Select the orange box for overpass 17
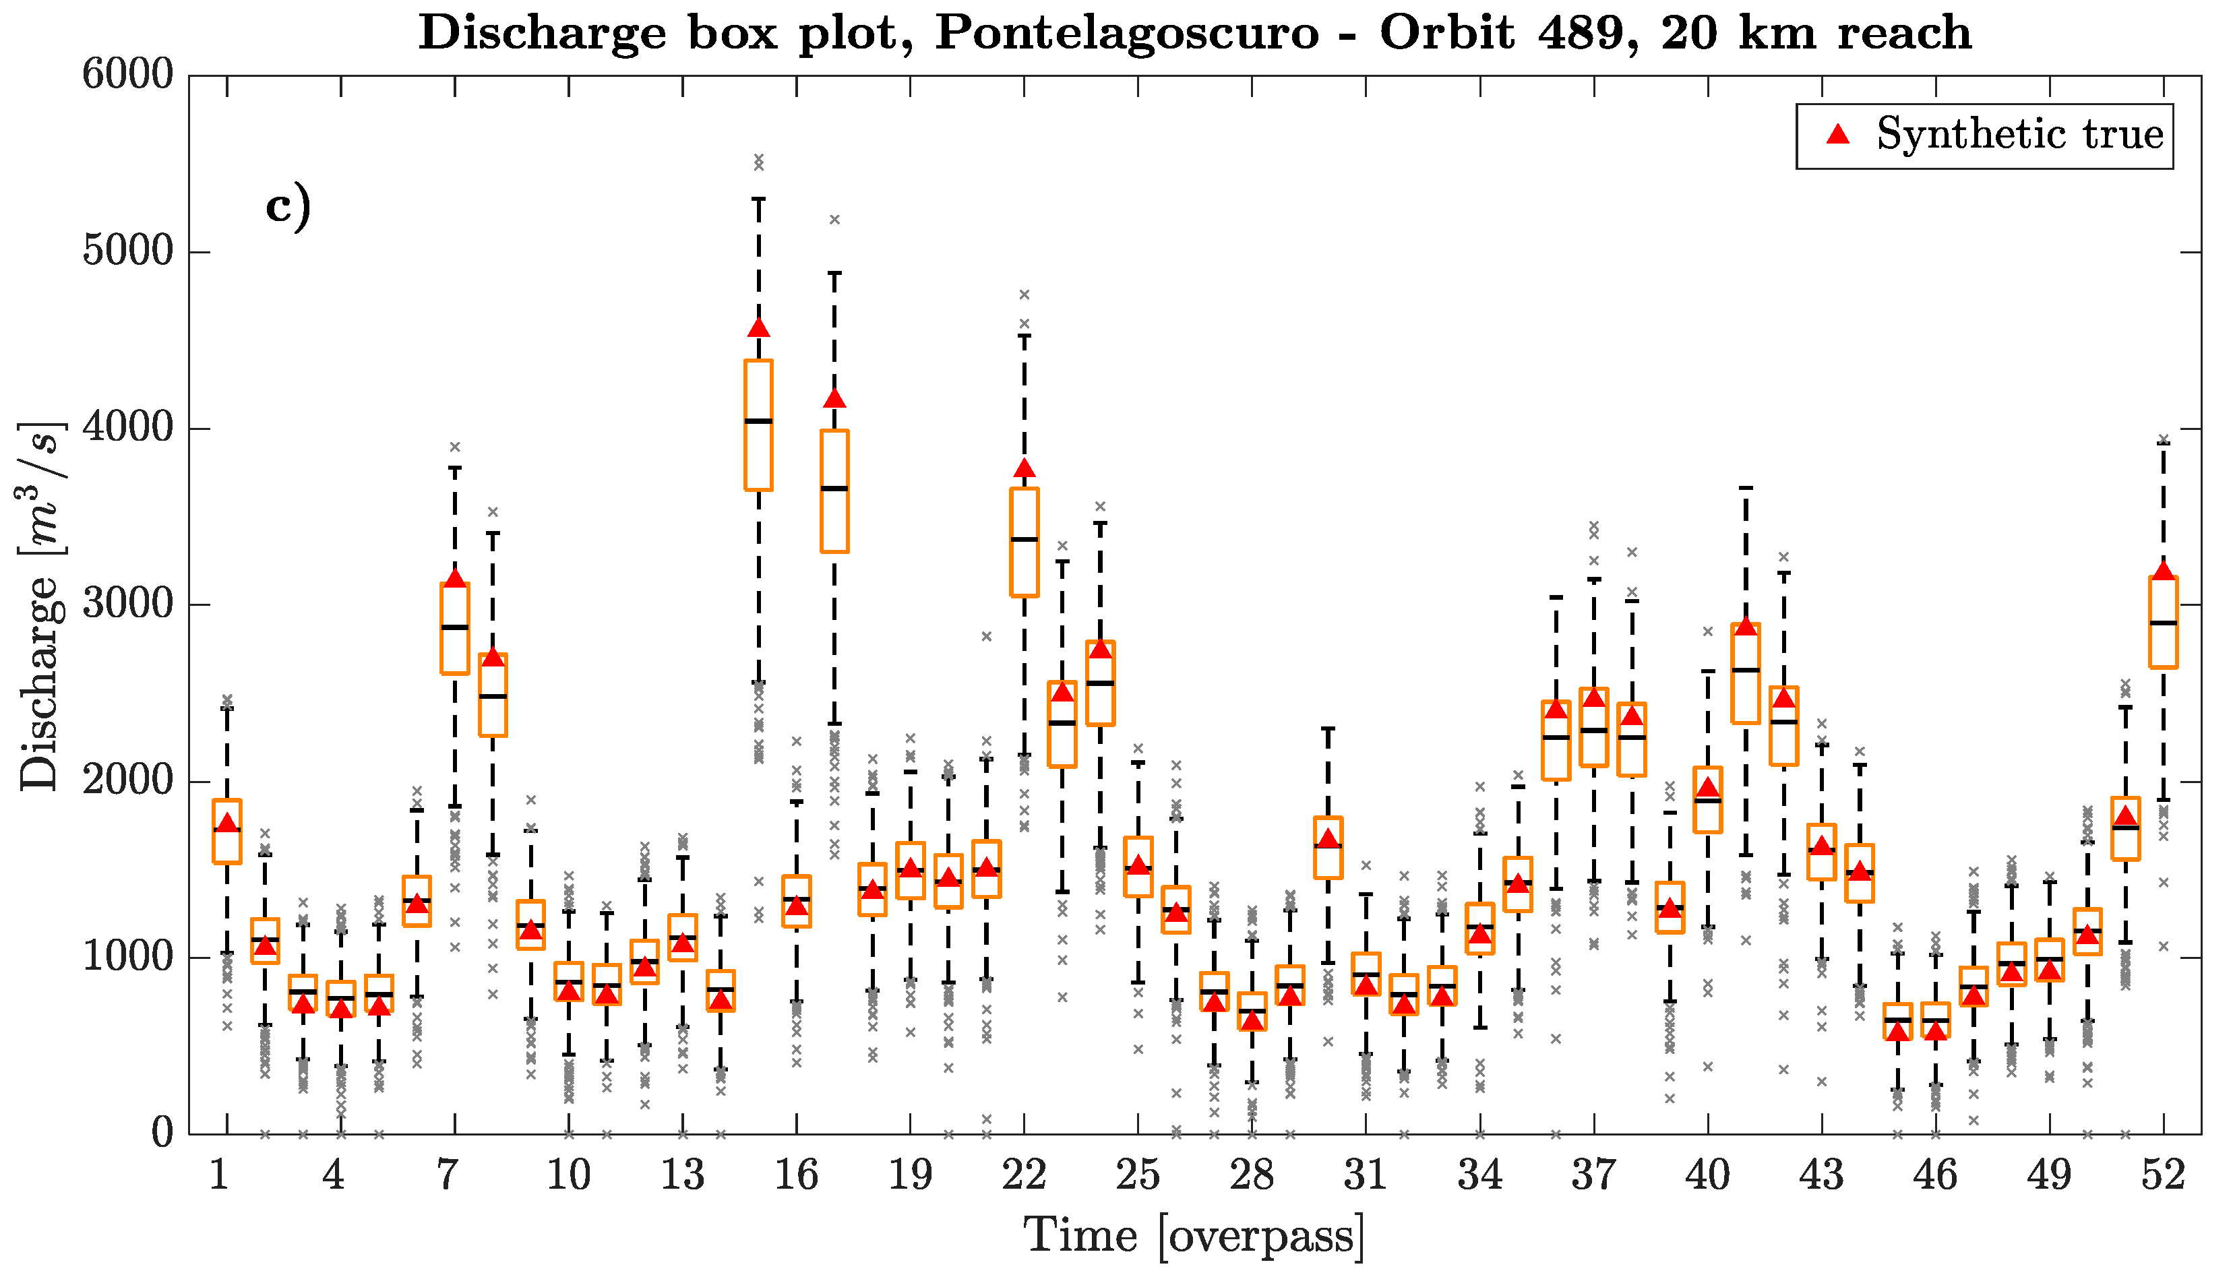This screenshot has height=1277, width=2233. point(834,491)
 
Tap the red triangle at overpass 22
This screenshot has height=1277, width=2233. point(1024,468)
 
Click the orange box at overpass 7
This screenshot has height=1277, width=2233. point(454,628)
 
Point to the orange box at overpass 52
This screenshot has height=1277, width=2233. point(2164,622)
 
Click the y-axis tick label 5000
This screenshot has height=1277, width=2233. point(128,252)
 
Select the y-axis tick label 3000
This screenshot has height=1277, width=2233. point(128,604)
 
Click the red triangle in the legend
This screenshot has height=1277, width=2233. point(1837,134)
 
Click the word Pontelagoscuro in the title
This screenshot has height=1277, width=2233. point(1126,33)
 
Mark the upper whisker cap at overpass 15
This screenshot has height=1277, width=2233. point(759,199)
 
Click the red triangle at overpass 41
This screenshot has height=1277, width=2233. point(1746,626)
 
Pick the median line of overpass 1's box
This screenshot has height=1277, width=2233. point(227,830)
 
